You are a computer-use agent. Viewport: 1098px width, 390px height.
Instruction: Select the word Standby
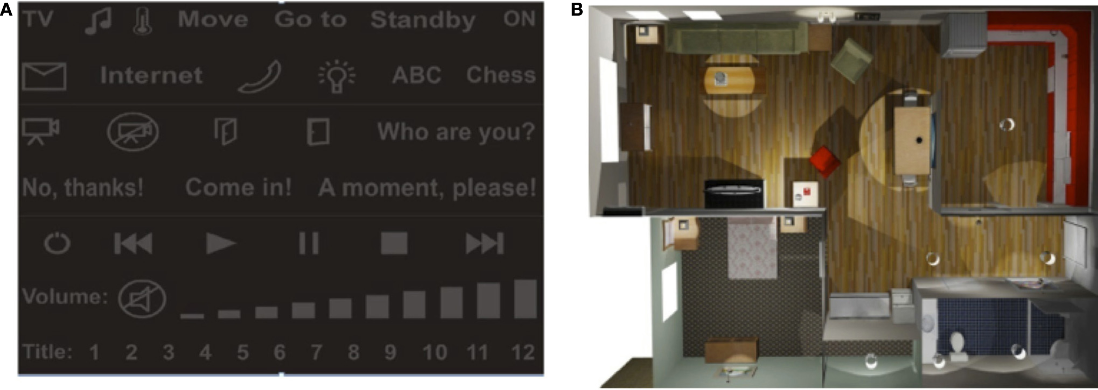coord(423,20)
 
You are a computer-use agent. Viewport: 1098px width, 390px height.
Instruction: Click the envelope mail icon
coord(44,76)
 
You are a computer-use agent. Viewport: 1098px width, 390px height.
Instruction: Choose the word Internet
coord(151,75)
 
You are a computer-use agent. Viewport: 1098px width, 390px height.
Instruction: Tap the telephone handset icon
coord(260,77)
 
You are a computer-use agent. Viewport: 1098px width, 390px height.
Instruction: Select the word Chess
coord(501,75)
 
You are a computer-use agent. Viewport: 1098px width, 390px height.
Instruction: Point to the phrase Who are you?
coord(456,132)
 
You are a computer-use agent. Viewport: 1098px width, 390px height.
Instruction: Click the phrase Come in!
coord(238,187)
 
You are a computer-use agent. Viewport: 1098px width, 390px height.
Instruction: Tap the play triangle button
coord(221,244)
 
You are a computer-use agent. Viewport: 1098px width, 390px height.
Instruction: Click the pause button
coord(309,243)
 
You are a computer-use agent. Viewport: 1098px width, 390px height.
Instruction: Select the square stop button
coord(394,243)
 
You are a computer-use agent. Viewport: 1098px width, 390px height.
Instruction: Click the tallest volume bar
coord(526,299)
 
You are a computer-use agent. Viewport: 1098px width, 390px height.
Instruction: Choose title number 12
coord(523,352)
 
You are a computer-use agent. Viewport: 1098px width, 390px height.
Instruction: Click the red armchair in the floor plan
coord(825,160)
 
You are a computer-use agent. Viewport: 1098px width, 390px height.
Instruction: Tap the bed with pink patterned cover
coord(752,250)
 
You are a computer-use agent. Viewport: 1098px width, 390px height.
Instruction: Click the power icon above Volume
coord(57,244)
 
